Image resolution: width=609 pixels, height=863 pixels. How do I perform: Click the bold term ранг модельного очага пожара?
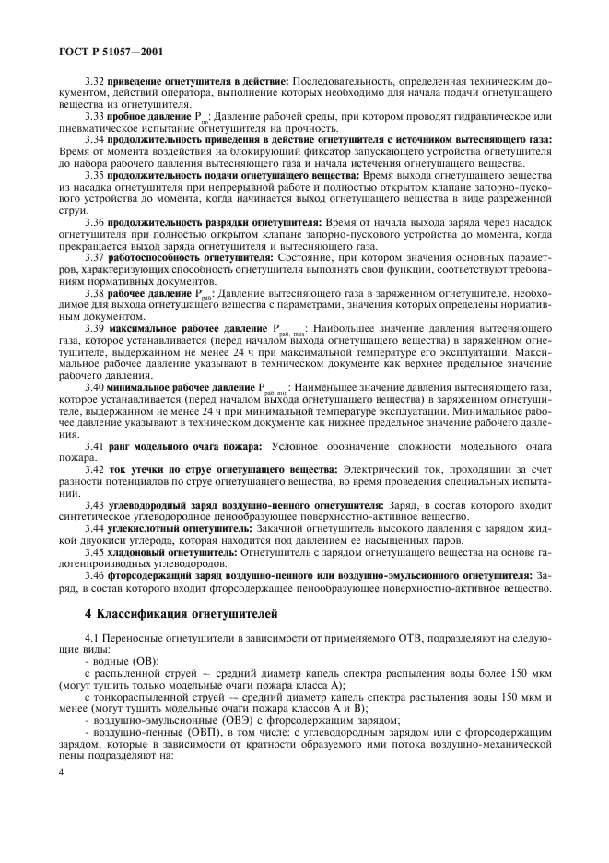click(x=183, y=446)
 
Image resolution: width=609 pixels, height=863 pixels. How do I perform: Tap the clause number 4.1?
click(x=91, y=640)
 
